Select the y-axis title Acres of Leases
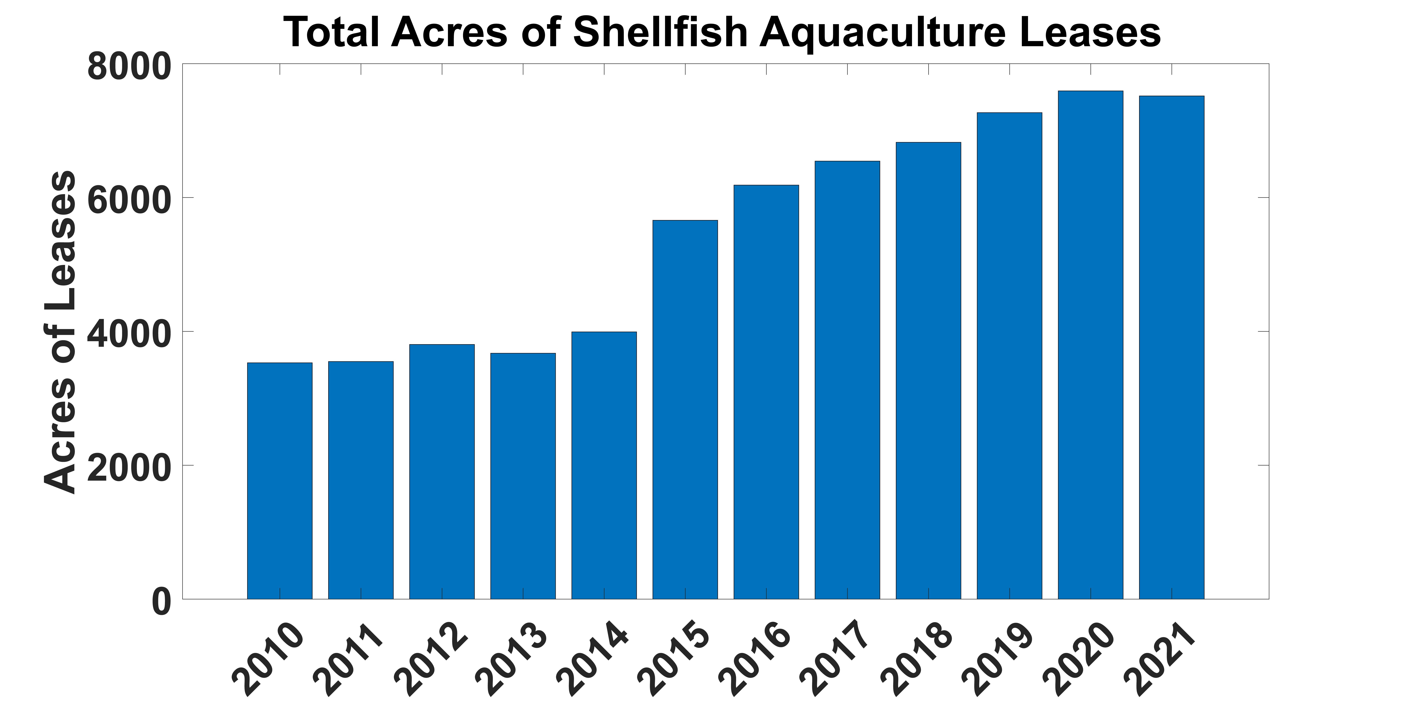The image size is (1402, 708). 60,332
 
